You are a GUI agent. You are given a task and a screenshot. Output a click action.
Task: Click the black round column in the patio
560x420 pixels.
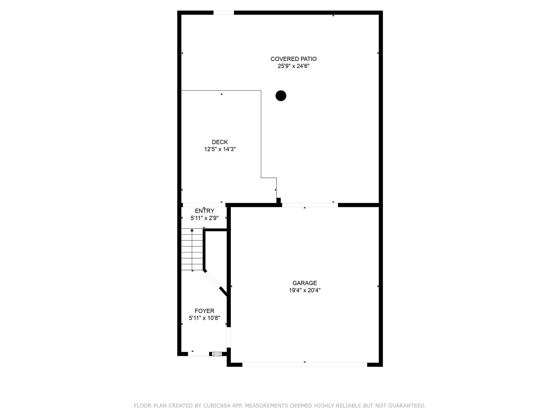[281, 96]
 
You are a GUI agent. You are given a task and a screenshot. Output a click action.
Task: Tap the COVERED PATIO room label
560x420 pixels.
[293, 59]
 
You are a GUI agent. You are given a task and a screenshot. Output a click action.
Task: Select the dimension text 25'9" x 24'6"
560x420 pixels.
[293, 66]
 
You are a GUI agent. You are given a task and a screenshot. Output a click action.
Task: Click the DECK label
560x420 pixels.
[220, 142]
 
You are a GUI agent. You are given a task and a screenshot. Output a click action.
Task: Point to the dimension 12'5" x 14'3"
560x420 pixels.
[220, 149]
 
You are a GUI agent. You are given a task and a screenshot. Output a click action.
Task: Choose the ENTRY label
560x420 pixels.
[205, 211]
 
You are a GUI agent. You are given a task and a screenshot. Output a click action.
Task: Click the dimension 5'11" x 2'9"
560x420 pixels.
[205, 218]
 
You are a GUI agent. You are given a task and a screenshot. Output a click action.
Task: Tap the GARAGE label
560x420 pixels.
[305, 283]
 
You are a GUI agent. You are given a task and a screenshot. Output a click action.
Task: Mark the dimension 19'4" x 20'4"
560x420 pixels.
[305, 290]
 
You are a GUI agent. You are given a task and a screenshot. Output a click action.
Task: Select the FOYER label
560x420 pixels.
[205, 311]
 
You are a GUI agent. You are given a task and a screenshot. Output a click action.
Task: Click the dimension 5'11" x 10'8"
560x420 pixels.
[205, 318]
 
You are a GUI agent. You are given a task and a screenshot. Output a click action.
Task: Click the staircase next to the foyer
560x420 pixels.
[192, 249]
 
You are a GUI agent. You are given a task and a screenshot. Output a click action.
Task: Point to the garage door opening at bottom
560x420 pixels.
[305, 364]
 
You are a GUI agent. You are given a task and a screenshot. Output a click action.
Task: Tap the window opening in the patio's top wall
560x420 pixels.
[224, 13]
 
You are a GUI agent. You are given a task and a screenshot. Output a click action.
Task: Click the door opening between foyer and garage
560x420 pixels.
[229, 337]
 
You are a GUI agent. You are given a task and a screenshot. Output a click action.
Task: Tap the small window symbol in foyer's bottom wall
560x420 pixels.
[217, 354]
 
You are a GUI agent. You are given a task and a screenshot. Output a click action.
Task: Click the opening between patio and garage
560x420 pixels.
[310, 205]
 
